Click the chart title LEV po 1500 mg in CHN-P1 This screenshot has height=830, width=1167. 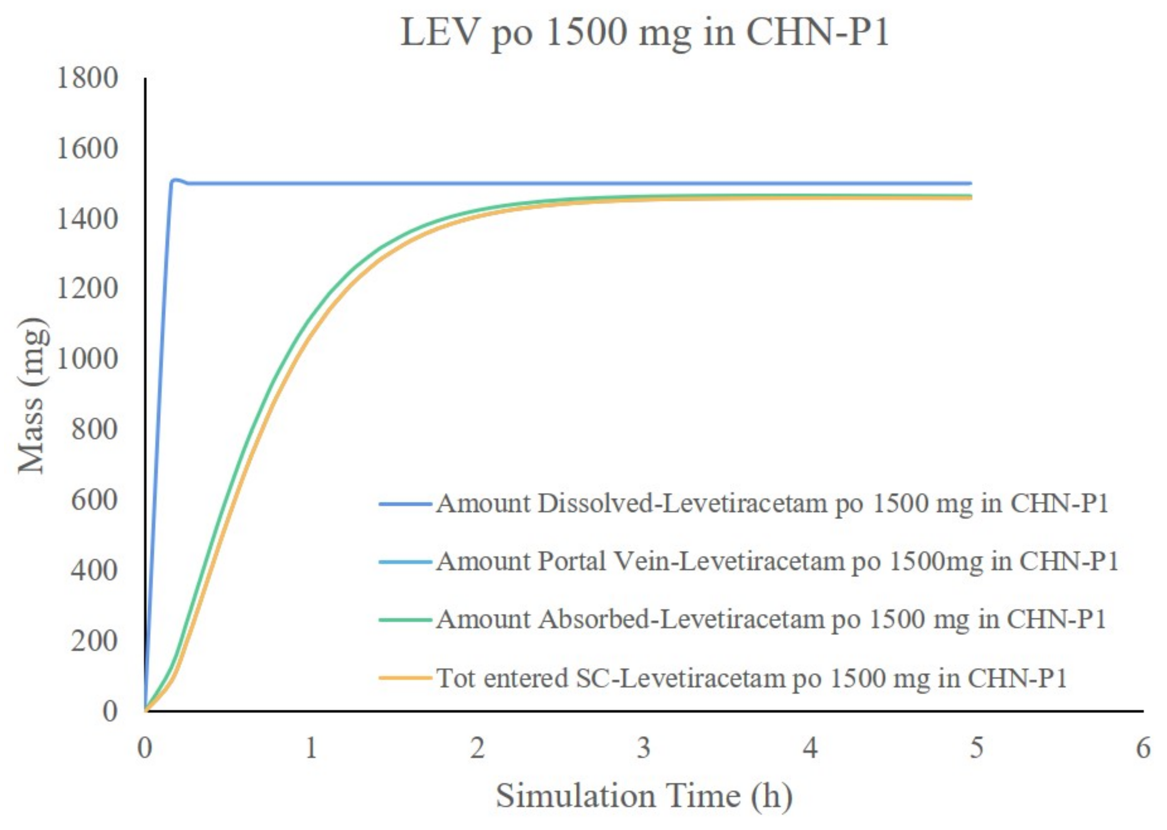(645, 33)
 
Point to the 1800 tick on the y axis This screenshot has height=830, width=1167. (87, 79)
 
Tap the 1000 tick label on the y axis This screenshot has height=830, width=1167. (87, 359)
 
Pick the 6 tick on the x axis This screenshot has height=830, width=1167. (1143, 749)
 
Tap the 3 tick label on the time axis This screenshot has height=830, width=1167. (644, 749)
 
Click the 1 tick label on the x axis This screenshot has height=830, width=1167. (311, 749)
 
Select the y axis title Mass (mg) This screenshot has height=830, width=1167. (33, 396)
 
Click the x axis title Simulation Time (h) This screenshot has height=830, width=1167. (644, 796)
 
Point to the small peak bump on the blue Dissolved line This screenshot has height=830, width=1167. (175, 179)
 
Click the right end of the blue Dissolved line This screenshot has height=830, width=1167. (970, 183)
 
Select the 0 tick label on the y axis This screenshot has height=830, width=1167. (109, 711)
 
